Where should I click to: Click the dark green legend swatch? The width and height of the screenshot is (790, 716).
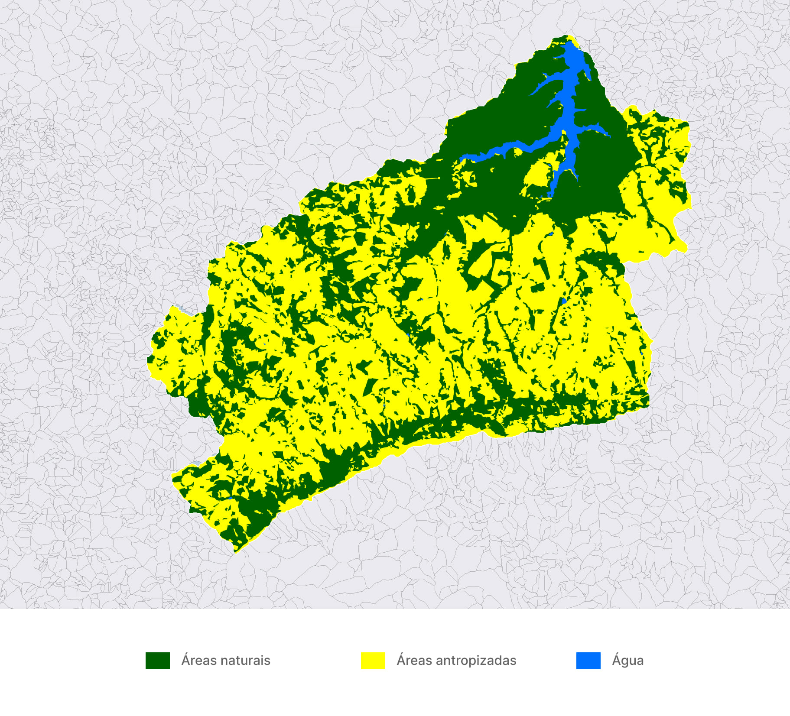157,661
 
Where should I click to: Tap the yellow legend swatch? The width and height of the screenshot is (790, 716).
373,661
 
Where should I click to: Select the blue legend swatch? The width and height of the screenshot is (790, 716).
588,661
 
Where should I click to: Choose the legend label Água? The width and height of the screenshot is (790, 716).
627,661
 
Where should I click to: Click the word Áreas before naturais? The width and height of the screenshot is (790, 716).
199,661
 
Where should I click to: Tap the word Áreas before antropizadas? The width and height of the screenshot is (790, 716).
414,661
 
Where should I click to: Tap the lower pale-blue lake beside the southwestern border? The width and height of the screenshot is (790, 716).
196,463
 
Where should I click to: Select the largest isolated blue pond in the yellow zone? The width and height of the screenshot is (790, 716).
563,301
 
